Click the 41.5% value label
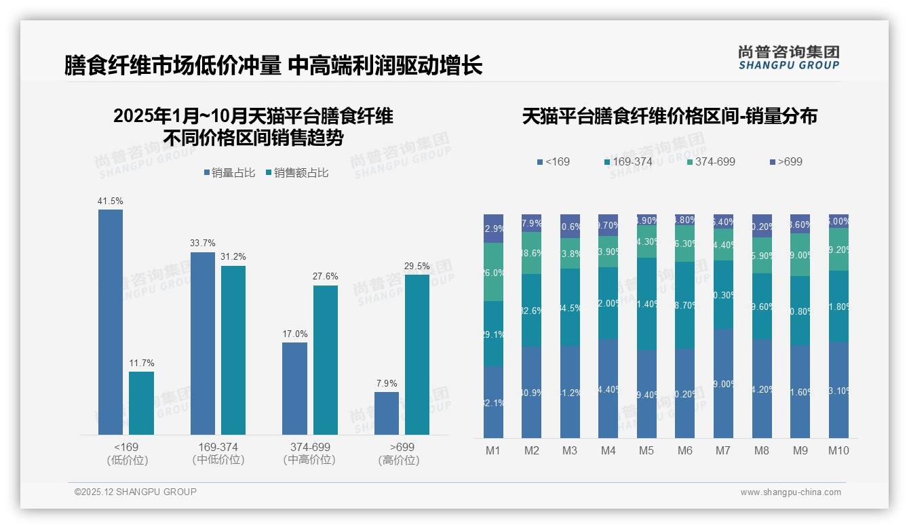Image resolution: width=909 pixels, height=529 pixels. [111, 201]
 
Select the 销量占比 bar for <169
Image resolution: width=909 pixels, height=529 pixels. [111, 322]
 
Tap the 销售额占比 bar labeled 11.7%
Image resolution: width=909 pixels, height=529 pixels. [141, 403]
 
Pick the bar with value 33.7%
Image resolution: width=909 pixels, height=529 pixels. [203, 343]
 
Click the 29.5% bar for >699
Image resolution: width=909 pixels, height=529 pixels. [417, 354]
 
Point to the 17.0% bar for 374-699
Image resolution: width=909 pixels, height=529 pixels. [294, 388]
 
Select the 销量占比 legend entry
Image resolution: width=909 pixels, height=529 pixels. [229, 173]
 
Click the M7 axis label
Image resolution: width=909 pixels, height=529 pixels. [722, 450]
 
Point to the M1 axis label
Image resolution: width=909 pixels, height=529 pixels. [493, 450]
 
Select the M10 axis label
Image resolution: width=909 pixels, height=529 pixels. [838, 450]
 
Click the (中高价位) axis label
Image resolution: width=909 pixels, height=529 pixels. [309, 460]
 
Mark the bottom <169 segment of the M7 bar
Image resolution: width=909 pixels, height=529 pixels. [723, 383]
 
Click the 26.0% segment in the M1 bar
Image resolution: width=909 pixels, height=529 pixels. [493, 272]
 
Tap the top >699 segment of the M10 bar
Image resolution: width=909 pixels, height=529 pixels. [838, 221]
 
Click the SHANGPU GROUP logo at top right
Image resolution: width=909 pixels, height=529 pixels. [788, 58]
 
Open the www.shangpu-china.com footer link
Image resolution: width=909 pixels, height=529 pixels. [790, 492]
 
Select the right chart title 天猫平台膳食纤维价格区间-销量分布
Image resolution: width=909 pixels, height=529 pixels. [670, 116]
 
